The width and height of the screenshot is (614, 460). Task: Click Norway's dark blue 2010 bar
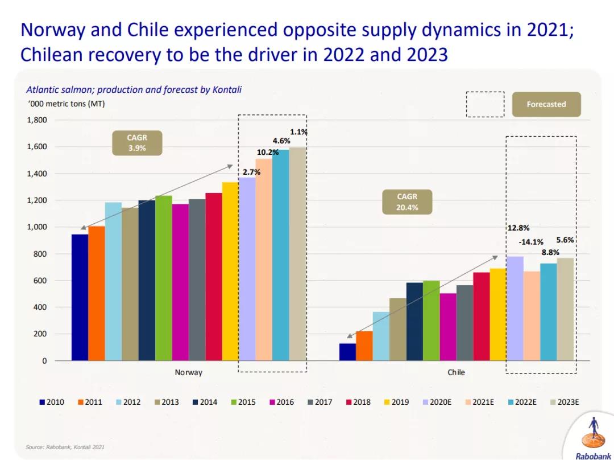pos(80,297)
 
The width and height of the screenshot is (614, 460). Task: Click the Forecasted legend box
pos(546,104)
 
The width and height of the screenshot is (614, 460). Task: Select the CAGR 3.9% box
pos(136,142)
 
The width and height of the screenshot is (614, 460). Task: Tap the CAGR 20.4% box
pos(407,202)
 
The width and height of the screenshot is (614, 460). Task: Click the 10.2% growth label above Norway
pos(268,152)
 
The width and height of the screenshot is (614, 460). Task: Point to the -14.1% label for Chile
pos(531,242)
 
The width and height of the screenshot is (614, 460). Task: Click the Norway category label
pos(188,372)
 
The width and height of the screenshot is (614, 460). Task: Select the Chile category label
pos(456,372)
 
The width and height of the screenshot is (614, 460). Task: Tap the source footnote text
pos(65,447)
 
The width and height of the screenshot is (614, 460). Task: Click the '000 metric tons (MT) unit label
pos(66,104)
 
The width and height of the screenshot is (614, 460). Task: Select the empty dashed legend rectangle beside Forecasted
pos(485,104)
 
